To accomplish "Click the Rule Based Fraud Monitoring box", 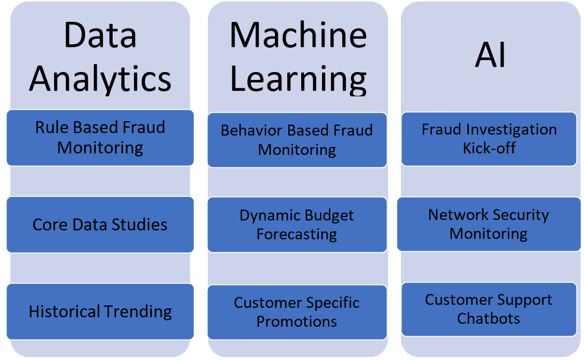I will (x=100, y=138).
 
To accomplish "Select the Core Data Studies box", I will (x=100, y=224).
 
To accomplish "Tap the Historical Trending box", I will (x=100, y=311).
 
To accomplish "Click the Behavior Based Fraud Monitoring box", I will (x=297, y=140).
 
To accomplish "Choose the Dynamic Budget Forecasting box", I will (x=297, y=224).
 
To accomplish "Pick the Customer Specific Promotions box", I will (x=297, y=312).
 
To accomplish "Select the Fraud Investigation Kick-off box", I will (x=489, y=139).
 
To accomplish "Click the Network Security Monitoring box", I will (x=489, y=224).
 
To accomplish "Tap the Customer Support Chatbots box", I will (x=489, y=309).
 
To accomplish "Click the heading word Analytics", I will (x=100, y=77).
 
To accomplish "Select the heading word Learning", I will (x=298, y=77).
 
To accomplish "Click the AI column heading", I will (x=490, y=55).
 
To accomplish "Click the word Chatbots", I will (x=489, y=318).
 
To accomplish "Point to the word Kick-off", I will (x=489, y=148).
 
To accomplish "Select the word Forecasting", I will (x=297, y=234).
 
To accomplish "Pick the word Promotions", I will (x=297, y=321).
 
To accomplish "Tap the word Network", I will (x=455, y=215).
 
